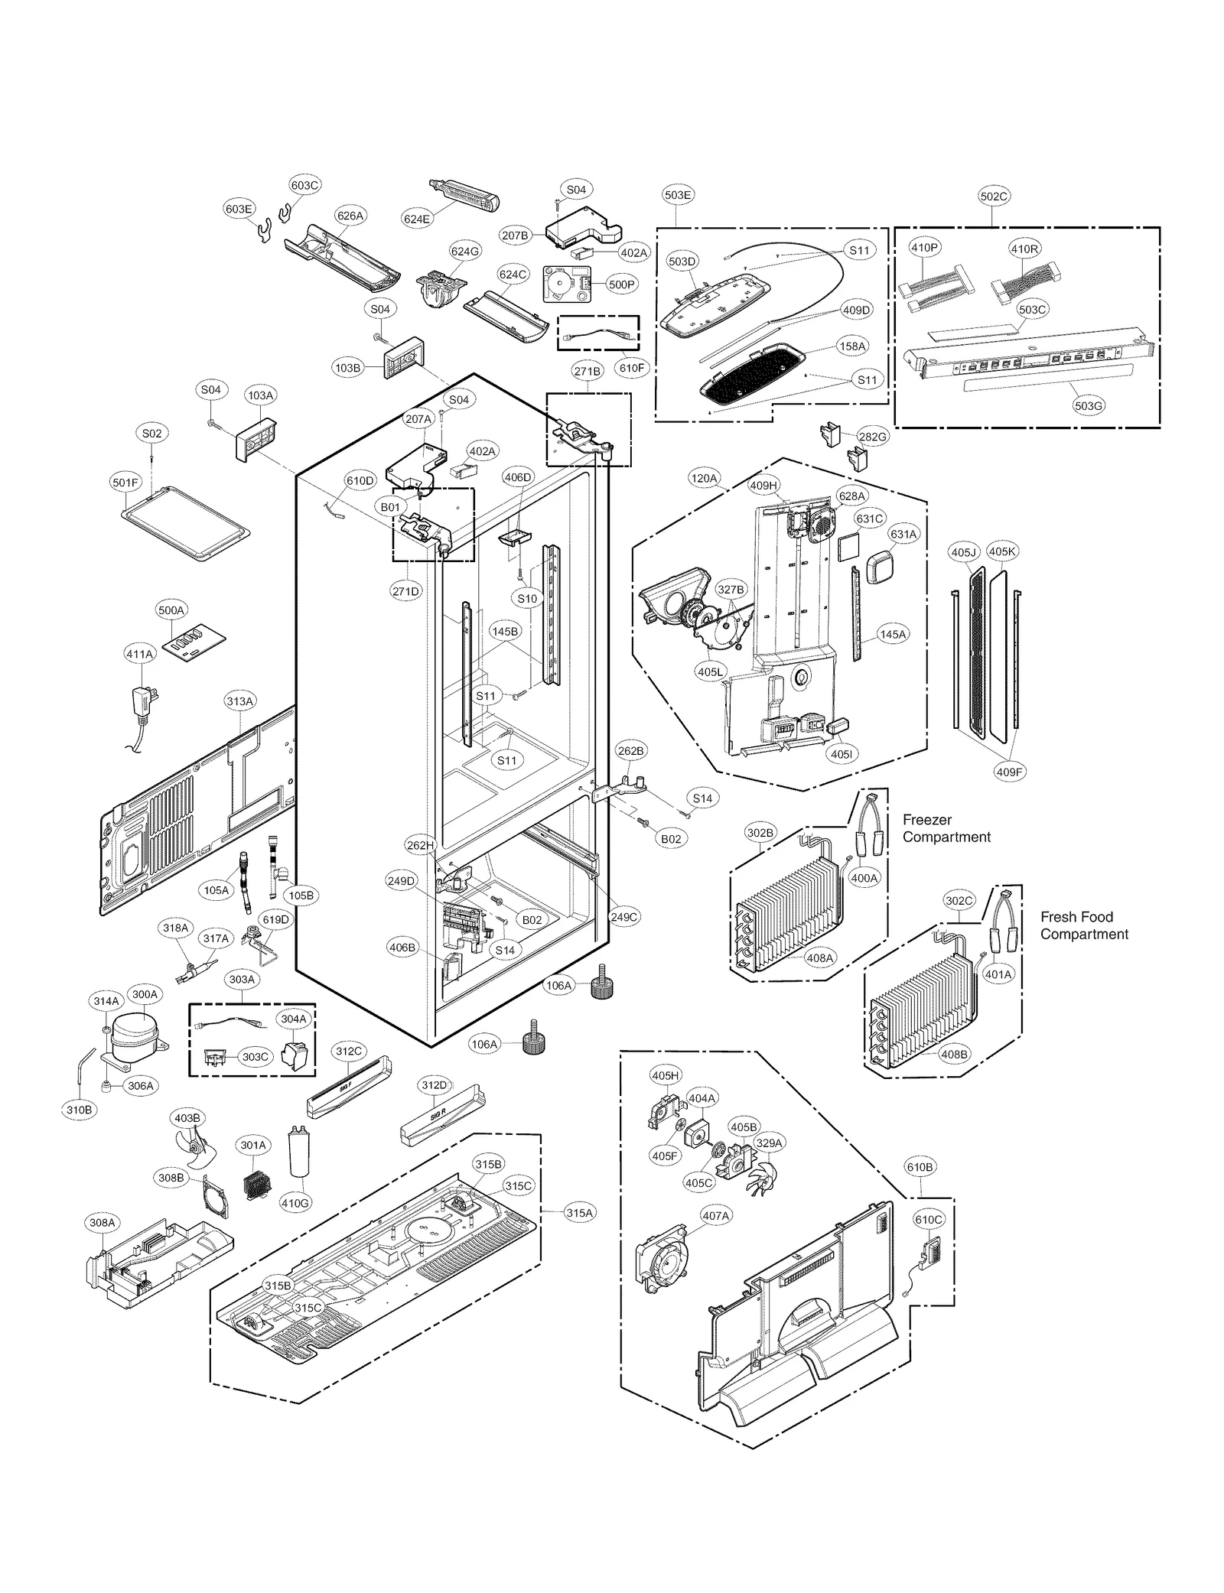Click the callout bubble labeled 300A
pos(145,994)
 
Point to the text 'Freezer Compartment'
pos(946,828)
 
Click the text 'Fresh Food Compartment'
pos(1083,925)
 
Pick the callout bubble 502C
pos(994,197)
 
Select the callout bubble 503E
pos(677,195)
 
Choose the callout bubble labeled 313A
pos(239,701)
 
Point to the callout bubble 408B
pos(954,1054)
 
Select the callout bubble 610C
pos(929,1220)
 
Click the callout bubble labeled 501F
pos(125,483)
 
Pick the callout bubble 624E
pos(417,219)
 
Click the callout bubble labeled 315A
pos(579,1213)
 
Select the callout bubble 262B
pos(630,751)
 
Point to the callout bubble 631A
pos(903,535)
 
